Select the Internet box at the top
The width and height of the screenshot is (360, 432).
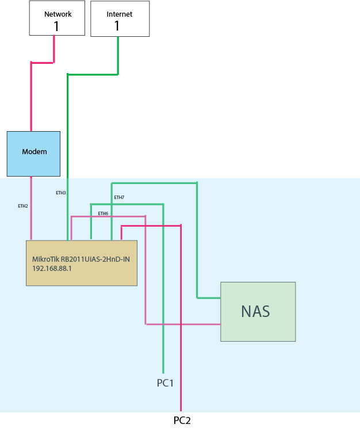[120, 18]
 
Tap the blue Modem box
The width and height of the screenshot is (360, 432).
[33, 154]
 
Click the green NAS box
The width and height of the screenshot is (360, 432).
[258, 311]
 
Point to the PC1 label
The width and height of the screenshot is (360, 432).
[165, 383]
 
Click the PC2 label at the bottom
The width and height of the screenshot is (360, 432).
[182, 420]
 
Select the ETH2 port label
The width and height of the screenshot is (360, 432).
[23, 205]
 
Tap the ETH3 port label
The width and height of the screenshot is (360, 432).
[61, 193]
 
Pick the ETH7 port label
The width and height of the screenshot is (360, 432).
[119, 197]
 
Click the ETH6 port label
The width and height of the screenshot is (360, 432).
[103, 213]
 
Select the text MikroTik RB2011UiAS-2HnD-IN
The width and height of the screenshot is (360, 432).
[81, 259]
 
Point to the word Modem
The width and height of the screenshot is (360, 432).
[34, 152]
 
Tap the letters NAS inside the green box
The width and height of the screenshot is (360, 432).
[255, 311]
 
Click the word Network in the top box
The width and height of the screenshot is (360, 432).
[58, 14]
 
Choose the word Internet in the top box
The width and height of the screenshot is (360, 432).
[119, 13]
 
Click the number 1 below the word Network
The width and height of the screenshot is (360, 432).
[56, 26]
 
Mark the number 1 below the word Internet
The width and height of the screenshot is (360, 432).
[117, 25]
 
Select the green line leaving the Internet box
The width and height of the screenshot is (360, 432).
[92, 74]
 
